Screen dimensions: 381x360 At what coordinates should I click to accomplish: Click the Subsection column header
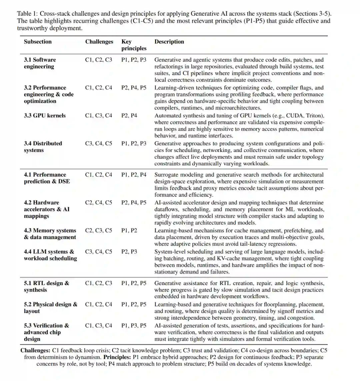pos(38,42)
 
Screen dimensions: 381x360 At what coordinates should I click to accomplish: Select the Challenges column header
pos(99,42)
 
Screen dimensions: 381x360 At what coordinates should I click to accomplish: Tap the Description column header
pos(169,42)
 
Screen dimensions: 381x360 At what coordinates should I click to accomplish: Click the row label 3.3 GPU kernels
pos(45,116)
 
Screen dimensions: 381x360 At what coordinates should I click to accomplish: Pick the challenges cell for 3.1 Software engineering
pos(99,60)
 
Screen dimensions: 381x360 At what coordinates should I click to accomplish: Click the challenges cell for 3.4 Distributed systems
pos(99,144)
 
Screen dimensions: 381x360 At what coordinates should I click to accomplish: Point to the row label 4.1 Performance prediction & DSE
pos(47,178)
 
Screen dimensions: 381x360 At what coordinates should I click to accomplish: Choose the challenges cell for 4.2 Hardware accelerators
pos(99,203)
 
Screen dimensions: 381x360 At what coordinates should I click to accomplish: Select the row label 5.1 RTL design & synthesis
pos(46,286)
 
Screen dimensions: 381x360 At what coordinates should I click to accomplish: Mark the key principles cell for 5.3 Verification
pos(134,326)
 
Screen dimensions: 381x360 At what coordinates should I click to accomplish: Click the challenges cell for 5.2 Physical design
pos(99,304)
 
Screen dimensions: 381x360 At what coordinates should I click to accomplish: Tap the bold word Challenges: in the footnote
pos(35,350)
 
